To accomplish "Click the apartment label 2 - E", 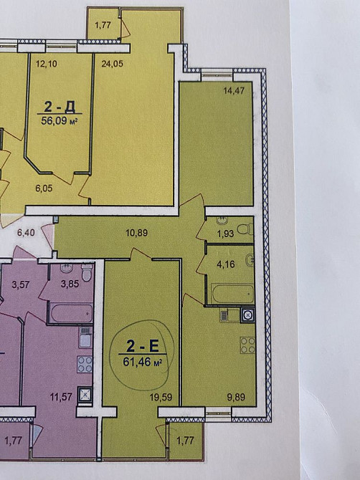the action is coord(143,346).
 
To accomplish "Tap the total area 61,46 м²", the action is coord(143,363).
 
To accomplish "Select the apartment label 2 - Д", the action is coord(60,107).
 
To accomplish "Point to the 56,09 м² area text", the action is coord(59,121).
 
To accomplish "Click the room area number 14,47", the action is coord(234,90).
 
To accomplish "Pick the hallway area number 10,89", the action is coord(137,233).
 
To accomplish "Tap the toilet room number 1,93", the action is coord(225,234).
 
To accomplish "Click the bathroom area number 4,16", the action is coord(226,264).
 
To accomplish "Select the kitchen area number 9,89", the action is coord(236,398).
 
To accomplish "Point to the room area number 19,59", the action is coord(161,398).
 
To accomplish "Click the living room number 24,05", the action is coord(113,64).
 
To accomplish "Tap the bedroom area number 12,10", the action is coord(47,64).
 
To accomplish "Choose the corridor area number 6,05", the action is coord(44,188).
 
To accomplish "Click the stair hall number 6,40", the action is coord(26,233).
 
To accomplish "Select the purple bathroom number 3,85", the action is coord(70,284).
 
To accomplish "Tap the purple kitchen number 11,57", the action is coord(61,398).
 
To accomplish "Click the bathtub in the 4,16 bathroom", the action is coord(232,294).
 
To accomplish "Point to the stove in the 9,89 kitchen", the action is coord(247,345).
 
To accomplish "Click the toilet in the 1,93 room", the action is coord(246,229).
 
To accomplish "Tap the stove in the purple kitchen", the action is coord(85,364).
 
